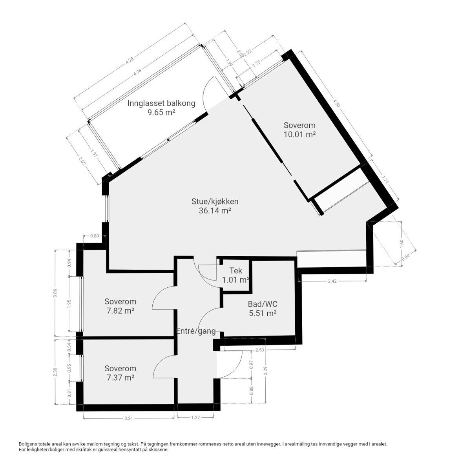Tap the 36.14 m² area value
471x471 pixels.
214,211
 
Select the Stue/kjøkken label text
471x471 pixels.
214,201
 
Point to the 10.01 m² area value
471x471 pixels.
299,135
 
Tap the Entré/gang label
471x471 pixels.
196,331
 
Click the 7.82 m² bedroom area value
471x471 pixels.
120,311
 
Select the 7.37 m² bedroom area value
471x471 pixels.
120,378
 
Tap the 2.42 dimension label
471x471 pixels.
332,281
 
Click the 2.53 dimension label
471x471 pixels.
259,350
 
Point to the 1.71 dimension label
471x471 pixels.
385,180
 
